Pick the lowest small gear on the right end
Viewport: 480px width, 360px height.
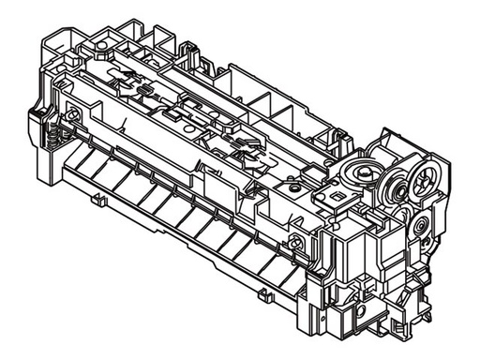[420, 225]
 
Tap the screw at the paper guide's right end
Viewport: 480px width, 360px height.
[297, 246]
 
